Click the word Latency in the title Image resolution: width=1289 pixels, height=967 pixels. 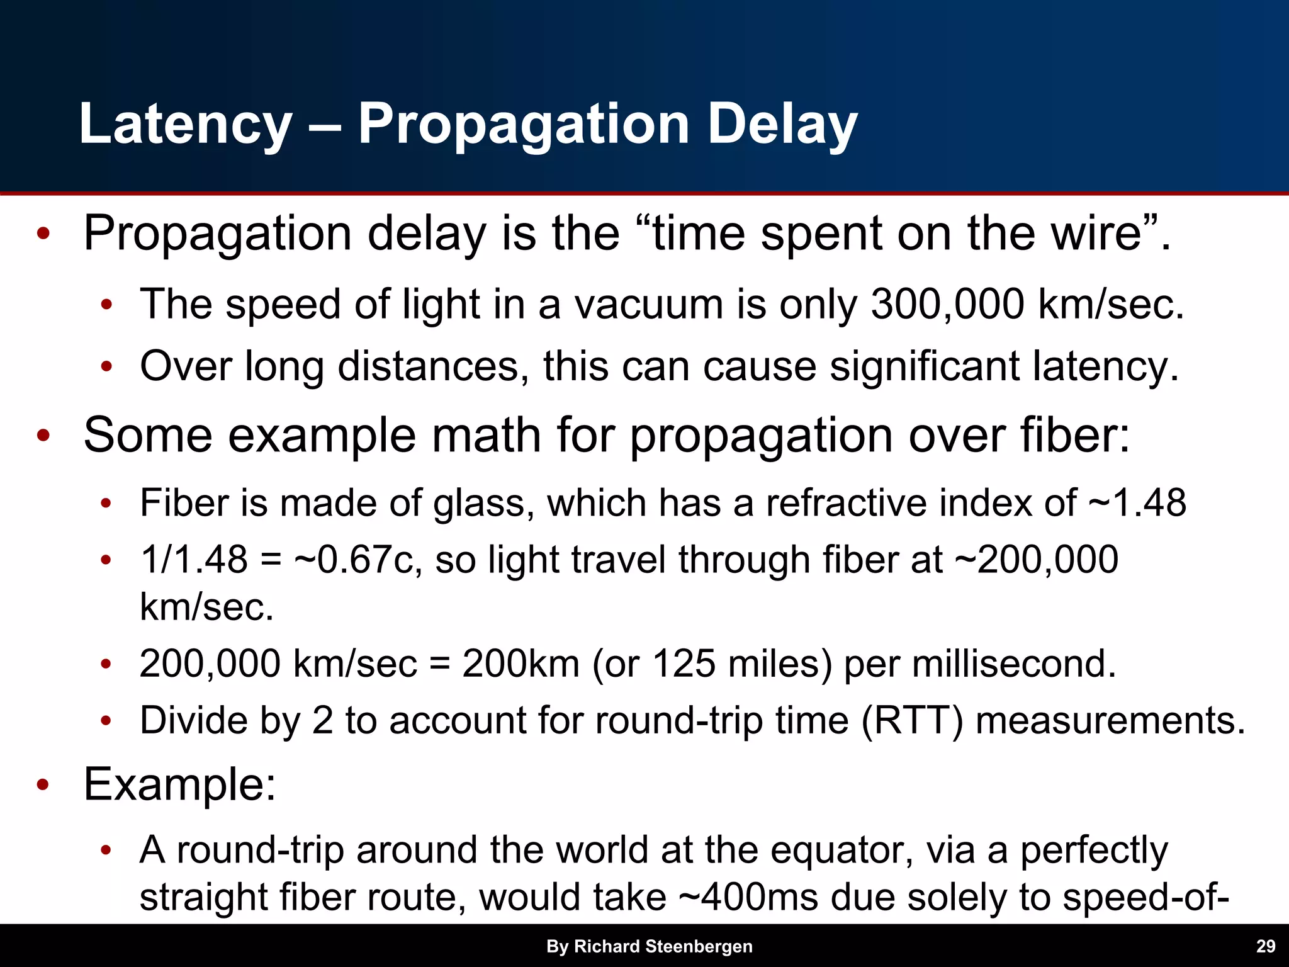coord(186,125)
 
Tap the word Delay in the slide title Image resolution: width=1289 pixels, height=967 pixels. coord(782,125)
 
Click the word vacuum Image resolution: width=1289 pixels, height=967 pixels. coord(648,305)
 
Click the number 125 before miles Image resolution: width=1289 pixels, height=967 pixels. coord(684,664)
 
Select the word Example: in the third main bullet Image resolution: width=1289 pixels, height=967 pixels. coord(180,784)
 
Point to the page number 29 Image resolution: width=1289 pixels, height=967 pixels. coord(1266,946)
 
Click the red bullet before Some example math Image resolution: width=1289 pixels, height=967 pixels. coord(43,436)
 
